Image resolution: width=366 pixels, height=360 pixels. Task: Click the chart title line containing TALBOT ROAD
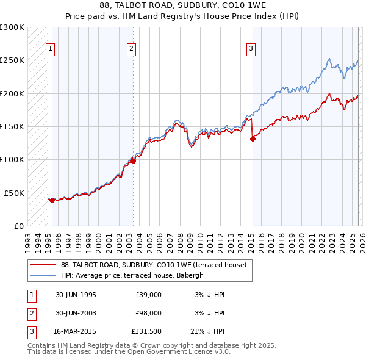(x=182, y=5)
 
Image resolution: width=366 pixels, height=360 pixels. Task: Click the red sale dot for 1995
(x=52, y=200)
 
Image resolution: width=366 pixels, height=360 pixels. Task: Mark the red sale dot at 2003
(x=133, y=161)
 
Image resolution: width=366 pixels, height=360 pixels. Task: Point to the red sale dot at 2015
(x=252, y=139)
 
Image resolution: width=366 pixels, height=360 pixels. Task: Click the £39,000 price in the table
(x=148, y=295)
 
